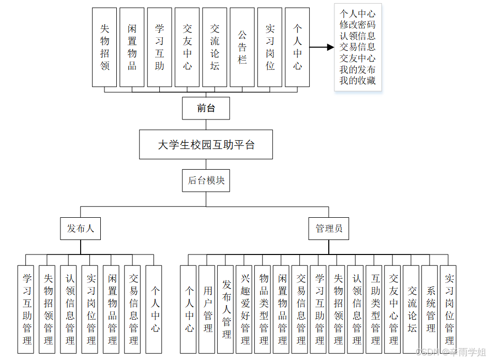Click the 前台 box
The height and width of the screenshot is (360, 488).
(206, 108)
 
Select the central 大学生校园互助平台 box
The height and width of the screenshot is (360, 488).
(206, 144)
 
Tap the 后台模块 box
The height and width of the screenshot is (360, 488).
(206, 181)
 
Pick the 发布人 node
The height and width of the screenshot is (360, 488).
(80, 228)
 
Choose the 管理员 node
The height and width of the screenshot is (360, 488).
(329, 228)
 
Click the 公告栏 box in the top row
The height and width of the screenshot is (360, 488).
(242, 47)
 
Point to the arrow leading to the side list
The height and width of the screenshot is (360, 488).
(322, 48)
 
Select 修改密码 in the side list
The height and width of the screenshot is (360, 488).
(358, 25)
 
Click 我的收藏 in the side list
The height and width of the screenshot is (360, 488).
(358, 81)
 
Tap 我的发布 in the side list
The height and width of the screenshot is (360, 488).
(358, 69)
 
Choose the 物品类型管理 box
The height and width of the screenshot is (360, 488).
(264, 309)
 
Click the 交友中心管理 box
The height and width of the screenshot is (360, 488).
(393, 309)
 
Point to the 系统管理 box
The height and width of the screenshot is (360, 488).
(431, 309)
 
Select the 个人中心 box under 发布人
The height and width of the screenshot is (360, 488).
(155, 309)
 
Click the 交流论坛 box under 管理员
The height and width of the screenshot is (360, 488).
(412, 309)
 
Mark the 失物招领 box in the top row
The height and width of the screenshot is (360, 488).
(104, 47)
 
